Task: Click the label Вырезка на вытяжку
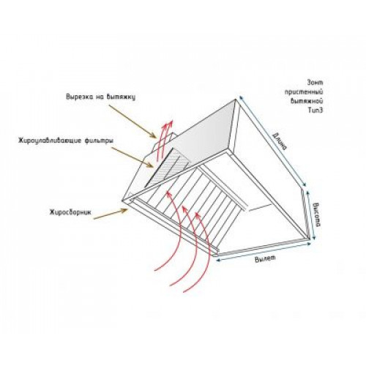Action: (100, 97)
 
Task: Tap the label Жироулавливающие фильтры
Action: (66, 141)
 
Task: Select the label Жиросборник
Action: (70, 212)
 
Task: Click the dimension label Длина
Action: (280, 141)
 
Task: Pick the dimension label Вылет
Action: (265, 258)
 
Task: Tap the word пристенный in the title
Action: (304, 92)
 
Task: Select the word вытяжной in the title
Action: (307, 101)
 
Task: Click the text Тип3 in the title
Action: (316, 111)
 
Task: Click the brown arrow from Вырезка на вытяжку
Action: (132, 122)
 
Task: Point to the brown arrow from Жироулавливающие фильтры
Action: (132, 157)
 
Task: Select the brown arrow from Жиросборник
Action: (111, 214)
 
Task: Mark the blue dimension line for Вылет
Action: (264, 252)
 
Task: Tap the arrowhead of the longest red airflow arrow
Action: (168, 193)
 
